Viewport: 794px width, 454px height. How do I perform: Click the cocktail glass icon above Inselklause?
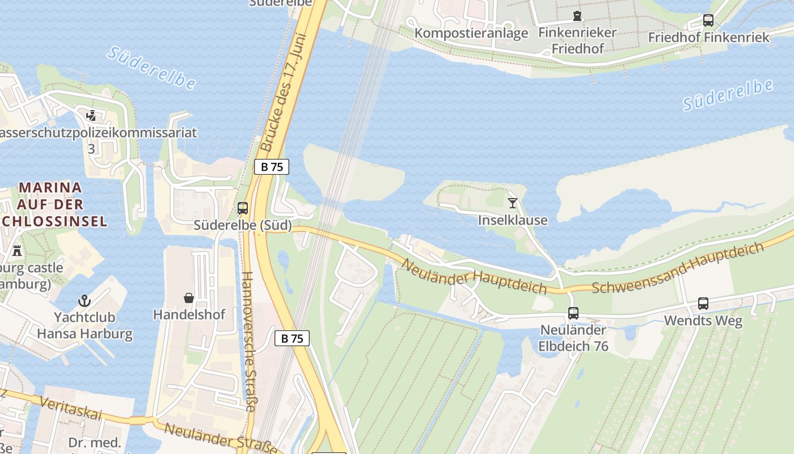513,203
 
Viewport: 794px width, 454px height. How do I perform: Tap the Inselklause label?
513,220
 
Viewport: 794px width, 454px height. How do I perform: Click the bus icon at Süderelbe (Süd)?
243,208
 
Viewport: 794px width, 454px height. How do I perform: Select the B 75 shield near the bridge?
272,167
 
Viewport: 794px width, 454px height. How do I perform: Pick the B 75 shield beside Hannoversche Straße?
292,339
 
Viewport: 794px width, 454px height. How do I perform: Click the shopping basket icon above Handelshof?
189,298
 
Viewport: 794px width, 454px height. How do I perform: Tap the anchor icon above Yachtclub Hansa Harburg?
85,300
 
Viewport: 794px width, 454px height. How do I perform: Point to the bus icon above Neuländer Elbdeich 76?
573,313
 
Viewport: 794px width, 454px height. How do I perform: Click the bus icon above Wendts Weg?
703,304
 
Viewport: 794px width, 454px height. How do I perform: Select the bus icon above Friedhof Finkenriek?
708,20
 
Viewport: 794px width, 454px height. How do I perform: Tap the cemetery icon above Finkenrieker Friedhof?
577,15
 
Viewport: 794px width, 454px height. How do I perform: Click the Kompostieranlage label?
471,33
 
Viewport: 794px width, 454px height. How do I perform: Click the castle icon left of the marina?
17,250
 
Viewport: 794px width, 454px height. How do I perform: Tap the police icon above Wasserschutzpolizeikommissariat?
91,116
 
